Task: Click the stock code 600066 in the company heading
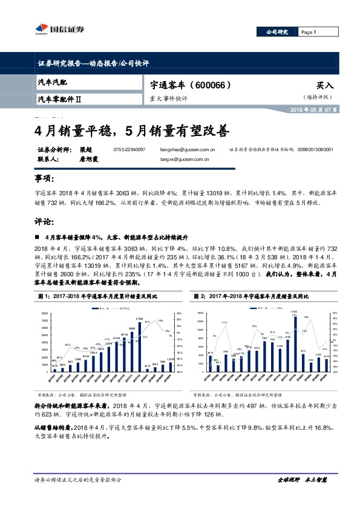click(x=212, y=85)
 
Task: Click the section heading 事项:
click(x=45, y=180)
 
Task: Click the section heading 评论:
click(x=45, y=222)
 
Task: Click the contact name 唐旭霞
click(x=89, y=160)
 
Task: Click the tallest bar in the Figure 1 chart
click(x=139, y=345)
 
